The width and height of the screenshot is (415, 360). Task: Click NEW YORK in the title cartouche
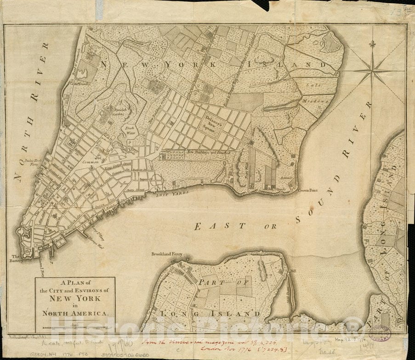click(75, 298)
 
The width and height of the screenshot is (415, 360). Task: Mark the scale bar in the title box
click(75, 327)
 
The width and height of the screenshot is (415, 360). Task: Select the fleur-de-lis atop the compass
click(372, 44)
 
